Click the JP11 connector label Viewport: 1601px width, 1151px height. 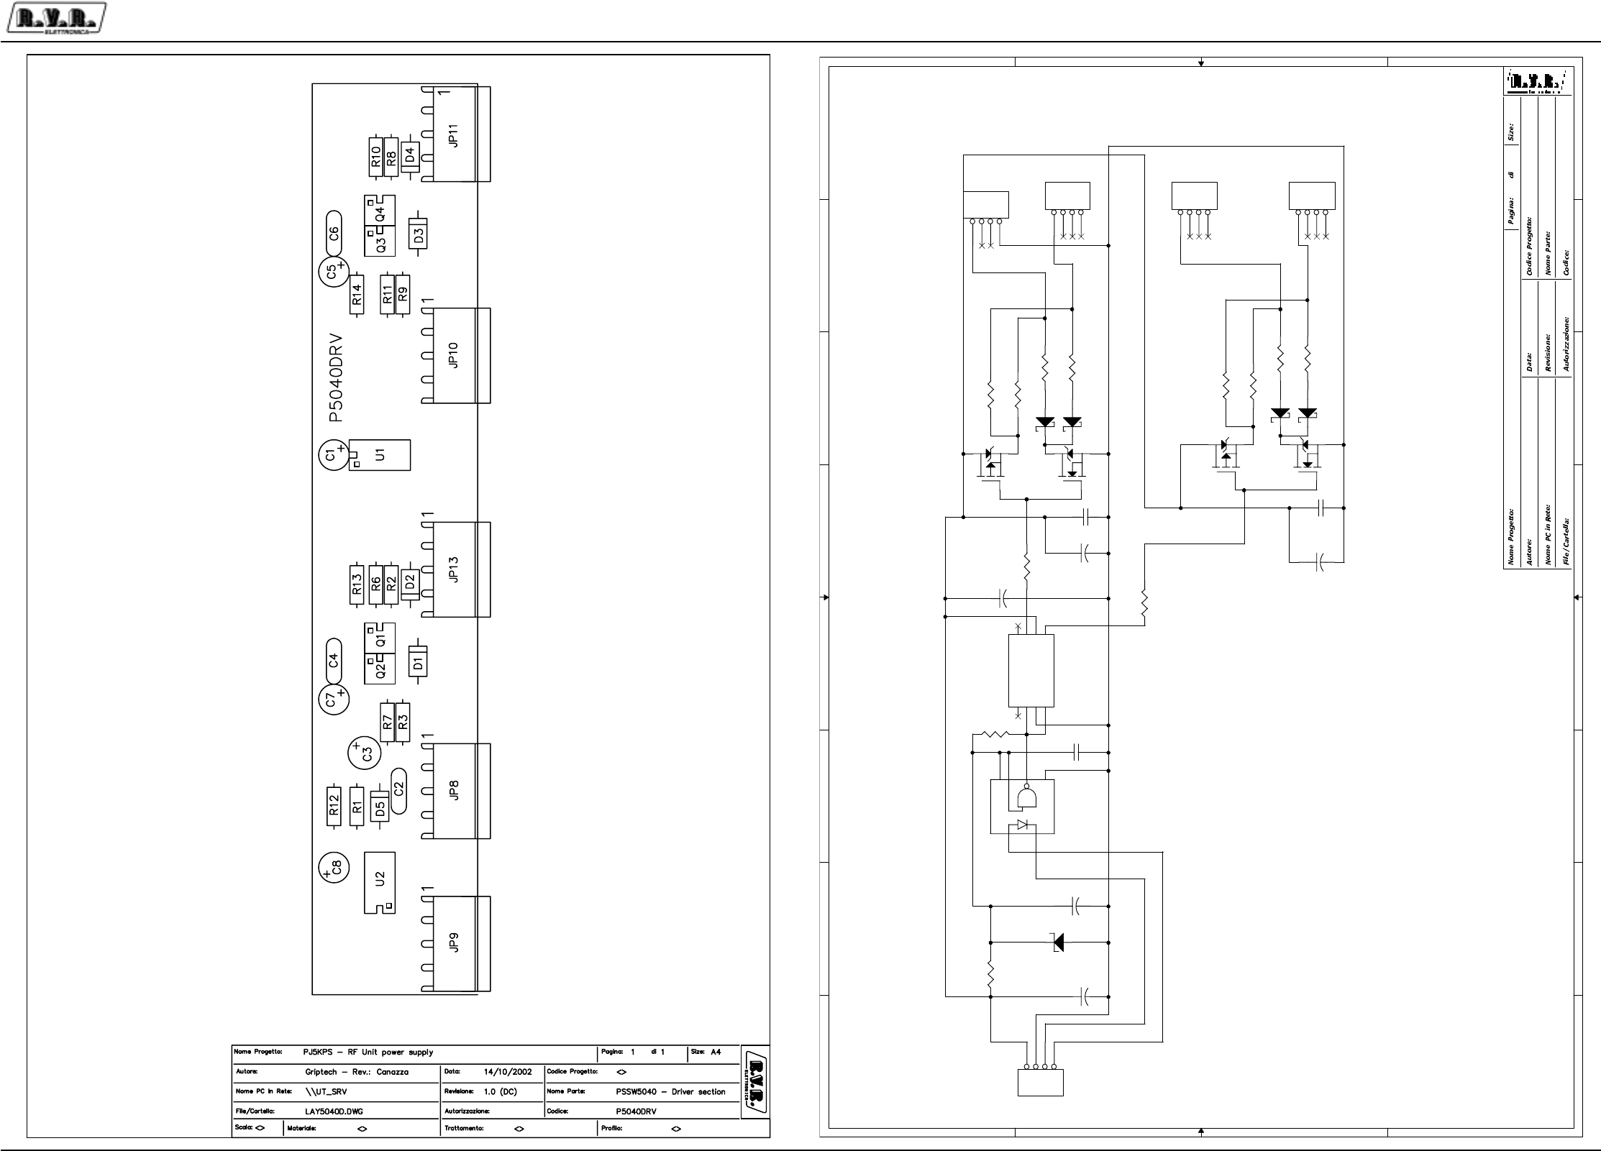(453, 135)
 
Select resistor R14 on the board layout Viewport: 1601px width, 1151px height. (357, 294)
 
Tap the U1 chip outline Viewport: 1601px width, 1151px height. (380, 455)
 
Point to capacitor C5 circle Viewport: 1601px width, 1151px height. (333, 272)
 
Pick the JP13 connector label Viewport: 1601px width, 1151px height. (453, 569)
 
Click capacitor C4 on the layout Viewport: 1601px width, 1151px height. (333, 659)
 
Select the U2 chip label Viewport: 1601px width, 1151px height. (380, 879)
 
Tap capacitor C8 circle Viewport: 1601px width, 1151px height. (334, 868)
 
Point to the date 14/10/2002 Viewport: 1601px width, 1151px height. (508, 1071)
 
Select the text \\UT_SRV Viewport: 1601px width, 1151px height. (326, 1091)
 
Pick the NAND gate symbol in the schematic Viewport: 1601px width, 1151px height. (1026, 797)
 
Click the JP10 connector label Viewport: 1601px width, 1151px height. (453, 355)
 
